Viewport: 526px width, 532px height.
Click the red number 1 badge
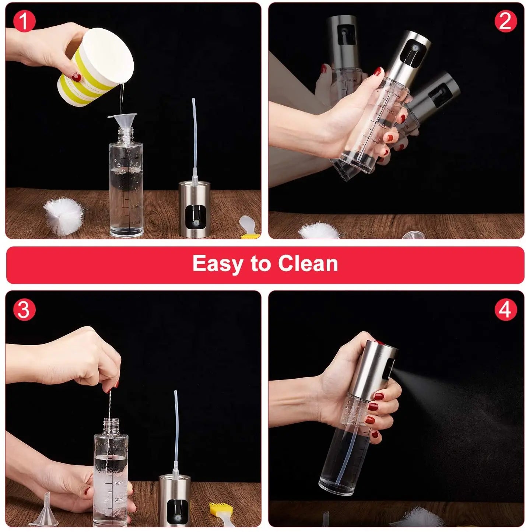coord(24,21)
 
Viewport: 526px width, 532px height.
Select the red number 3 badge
coord(24,309)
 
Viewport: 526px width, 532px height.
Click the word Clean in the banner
coord(308,264)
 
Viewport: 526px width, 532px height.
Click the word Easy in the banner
coord(216,264)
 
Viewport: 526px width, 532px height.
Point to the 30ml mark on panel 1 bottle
coord(135,207)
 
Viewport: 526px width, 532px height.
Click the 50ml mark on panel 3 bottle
coord(119,483)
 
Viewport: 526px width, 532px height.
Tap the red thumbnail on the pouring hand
coord(76,77)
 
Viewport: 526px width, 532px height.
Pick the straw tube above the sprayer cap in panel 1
coord(194,140)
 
